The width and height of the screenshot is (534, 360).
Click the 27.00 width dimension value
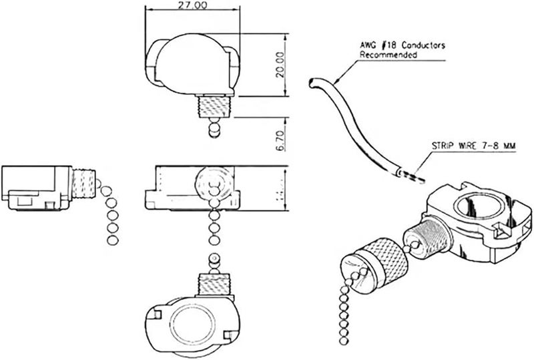click(191, 5)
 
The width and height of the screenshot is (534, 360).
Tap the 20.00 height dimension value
click(280, 65)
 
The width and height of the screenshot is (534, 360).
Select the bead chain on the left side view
click(111, 214)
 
